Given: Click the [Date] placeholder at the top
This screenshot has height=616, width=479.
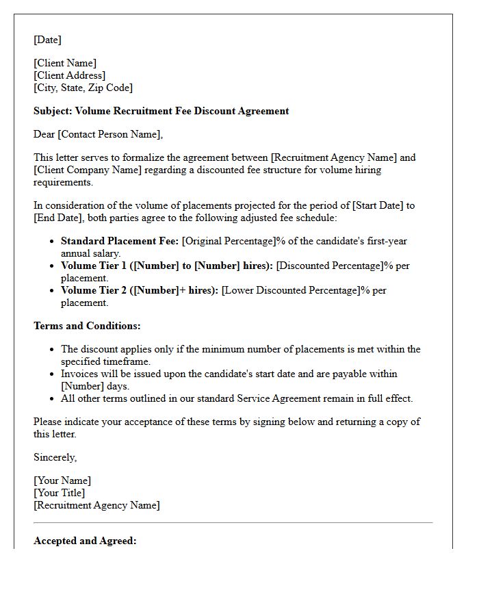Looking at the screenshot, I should (x=47, y=40).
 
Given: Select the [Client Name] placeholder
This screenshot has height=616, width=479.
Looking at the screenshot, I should (x=65, y=63).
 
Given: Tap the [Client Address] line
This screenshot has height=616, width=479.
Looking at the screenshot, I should (x=69, y=75).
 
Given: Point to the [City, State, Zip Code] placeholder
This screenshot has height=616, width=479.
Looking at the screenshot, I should (x=83, y=88).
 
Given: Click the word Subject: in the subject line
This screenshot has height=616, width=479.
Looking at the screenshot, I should (x=53, y=111).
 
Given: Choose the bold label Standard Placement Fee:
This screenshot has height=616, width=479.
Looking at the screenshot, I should (x=120, y=241).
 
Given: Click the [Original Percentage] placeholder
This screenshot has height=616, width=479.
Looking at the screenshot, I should (x=229, y=241).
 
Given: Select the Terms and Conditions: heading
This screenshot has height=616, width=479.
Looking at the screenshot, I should (x=87, y=326).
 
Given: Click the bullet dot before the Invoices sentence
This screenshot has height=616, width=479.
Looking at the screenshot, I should (x=52, y=374).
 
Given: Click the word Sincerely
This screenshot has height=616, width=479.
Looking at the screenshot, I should (x=55, y=457).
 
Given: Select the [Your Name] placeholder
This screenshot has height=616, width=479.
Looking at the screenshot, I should (x=62, y=480).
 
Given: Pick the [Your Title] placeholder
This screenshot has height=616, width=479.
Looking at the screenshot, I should (x=60, y=493).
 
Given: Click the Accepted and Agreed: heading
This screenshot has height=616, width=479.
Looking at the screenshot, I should (x=85, y=541).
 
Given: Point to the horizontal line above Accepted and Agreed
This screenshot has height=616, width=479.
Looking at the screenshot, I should (x=233, y=523).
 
